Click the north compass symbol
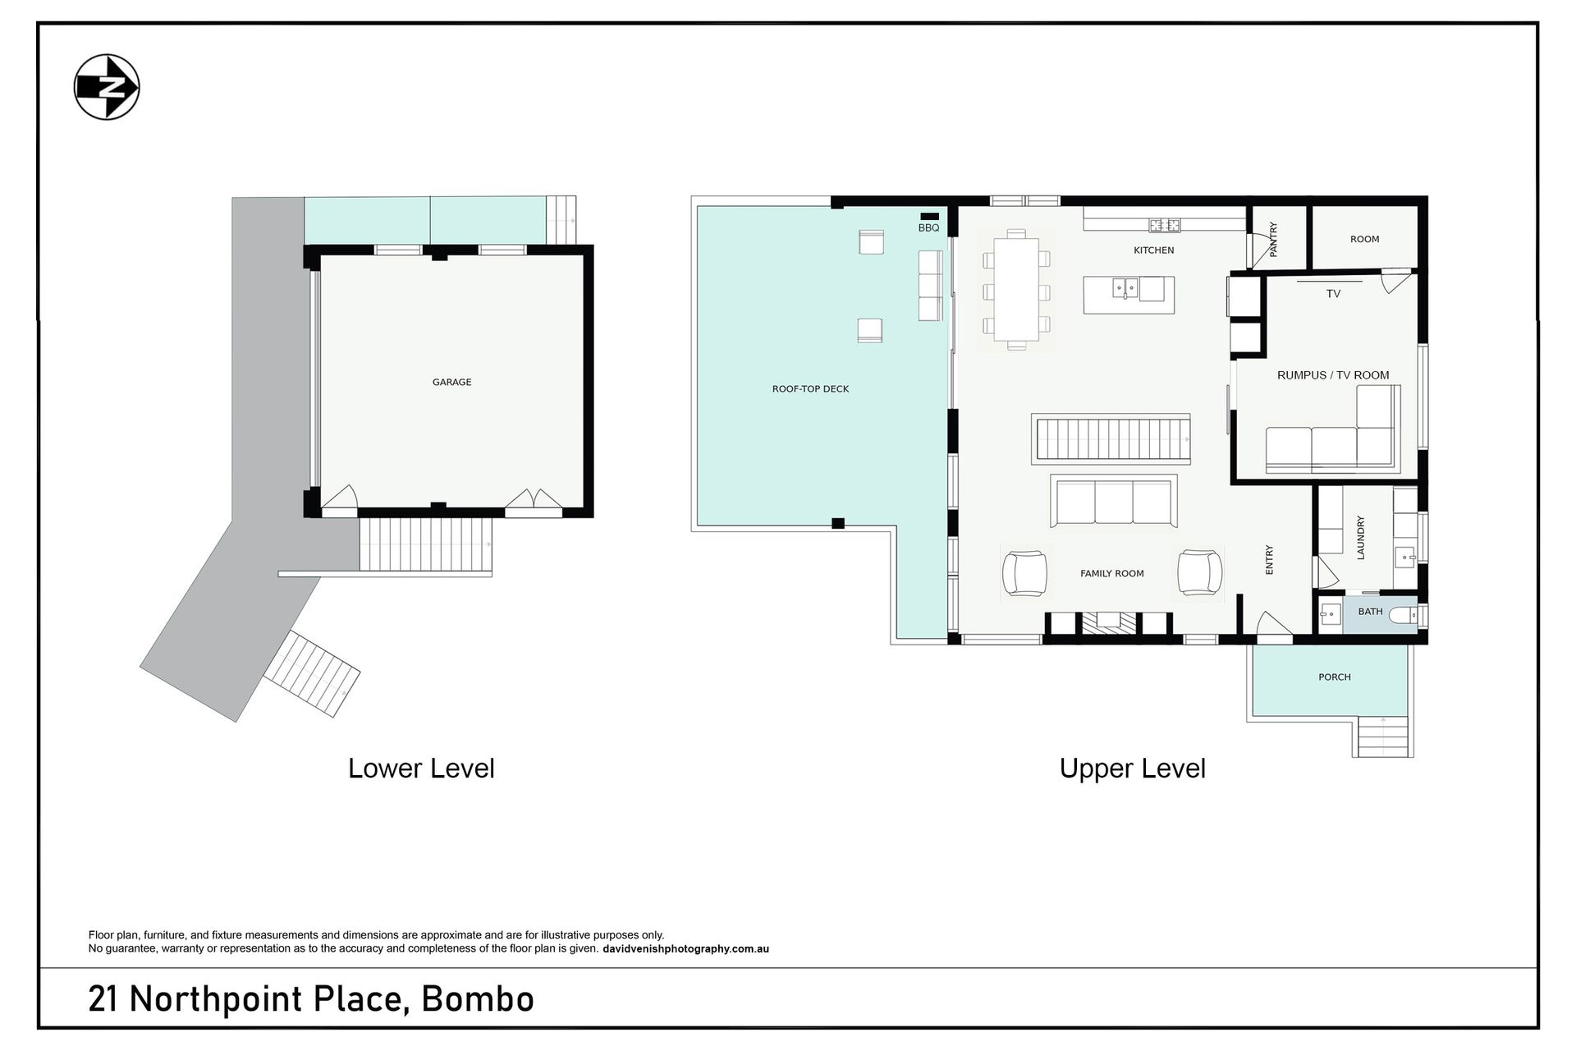tap(107, 87)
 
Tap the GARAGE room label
tap(451, 382)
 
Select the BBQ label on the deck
tap(928, 227)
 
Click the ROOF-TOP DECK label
tap(810, 389)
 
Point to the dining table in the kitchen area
tap(1016, 289)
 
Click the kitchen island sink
tap(1125, 287)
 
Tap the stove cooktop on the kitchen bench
tap(1164, 224)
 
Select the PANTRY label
tap(1274, 240)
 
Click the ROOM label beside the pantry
tap(1364, 239)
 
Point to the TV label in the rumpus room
tap(1333, 293)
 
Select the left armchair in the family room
tap(1024, 572)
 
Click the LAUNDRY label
tap(1360, 538)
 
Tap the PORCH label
tap(1334, 677)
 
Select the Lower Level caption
tap(421, 769)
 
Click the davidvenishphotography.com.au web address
tap(685, 949)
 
